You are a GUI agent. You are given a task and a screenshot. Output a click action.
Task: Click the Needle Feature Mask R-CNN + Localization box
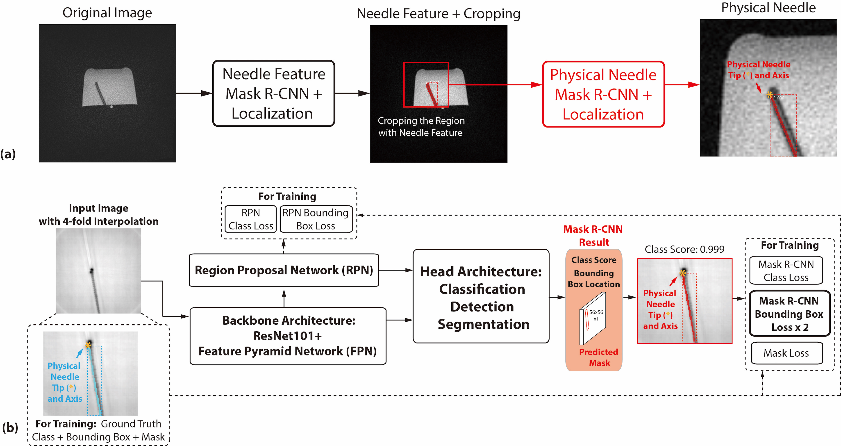(274, 94)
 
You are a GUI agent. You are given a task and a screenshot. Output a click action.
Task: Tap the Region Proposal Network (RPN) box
(284, 270)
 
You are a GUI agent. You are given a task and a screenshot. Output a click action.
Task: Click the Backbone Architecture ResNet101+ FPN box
(288, 336)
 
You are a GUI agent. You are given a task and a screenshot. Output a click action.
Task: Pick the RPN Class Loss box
(251, 219)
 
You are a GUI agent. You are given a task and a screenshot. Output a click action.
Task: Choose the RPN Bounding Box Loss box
(316, 219)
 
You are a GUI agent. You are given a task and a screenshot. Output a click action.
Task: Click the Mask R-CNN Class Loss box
(786, 271)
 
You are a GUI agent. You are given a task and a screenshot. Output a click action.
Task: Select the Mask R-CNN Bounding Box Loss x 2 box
(789, 314)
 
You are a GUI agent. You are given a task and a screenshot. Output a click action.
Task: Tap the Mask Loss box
(786, 353)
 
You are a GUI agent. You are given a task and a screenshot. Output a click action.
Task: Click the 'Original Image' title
(107, 13)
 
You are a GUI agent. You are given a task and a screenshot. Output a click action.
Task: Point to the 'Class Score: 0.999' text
(684, 249)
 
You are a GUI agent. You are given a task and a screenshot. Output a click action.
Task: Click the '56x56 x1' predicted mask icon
(593, 318)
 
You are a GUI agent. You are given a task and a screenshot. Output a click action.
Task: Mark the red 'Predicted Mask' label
(598, 357)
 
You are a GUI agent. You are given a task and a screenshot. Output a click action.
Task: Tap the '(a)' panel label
(8, 154)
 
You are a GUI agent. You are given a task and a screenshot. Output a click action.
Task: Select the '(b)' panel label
(10, 427)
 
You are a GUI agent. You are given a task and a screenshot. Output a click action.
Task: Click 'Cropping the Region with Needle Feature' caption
(421, 127)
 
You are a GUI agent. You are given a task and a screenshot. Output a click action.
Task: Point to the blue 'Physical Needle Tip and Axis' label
(65, 382)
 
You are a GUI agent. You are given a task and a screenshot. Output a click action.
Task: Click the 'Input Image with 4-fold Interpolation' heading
(99, 215)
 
